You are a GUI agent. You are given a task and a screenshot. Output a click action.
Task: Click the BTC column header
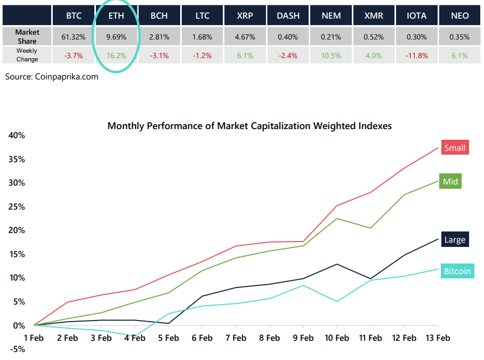[74, 15]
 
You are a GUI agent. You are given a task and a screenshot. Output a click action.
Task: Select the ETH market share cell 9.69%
[116, 37]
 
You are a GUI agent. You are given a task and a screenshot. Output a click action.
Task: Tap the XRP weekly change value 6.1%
[245, 55]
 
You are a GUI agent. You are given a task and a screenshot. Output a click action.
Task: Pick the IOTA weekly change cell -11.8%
[416, 55]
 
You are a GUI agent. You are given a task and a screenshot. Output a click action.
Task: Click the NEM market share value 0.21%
[331, 37]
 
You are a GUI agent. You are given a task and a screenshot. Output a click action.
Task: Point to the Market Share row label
[27, 37]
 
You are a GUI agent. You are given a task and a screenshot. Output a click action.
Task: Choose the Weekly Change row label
[27, 55]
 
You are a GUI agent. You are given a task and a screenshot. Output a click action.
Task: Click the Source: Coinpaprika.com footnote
[52, 77]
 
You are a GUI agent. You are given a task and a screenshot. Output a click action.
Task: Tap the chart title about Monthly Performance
[249, 126]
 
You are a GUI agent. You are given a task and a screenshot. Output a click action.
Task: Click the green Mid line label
[450, 181]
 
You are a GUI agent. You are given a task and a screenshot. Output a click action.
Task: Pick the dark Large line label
[455, 240]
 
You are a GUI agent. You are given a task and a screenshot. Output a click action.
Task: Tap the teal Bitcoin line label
[457, 271]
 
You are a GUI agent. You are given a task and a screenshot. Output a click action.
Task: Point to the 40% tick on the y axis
[17, 135]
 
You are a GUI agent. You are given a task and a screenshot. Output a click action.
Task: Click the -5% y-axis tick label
[17, 349]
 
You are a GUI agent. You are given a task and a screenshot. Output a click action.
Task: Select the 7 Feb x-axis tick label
[236, 338]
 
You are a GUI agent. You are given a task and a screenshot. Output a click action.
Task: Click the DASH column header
[288, 15]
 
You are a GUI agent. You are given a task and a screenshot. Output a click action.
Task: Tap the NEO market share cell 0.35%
[459, 37]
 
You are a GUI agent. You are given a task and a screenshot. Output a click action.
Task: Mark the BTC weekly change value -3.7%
[74, 55]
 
